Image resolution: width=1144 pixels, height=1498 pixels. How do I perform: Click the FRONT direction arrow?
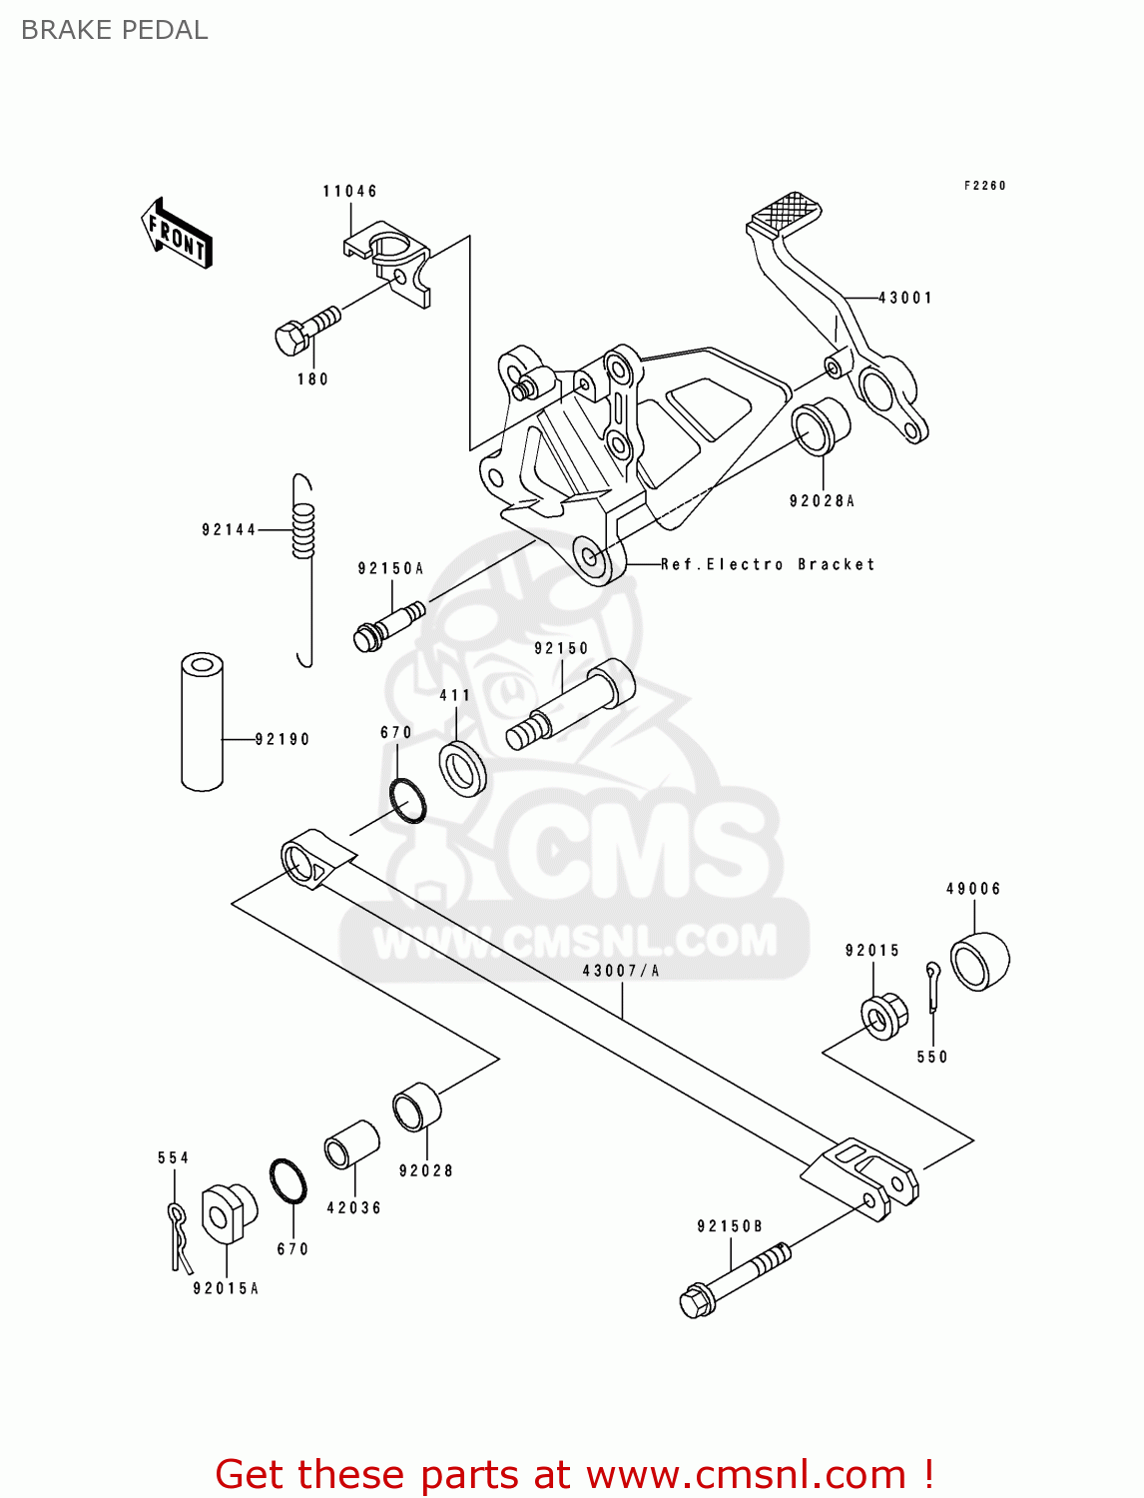(x=177, y=234)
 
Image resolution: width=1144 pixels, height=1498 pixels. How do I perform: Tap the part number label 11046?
(x=349, y=191)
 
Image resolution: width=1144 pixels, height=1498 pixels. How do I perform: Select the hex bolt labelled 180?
(x=304, y=330)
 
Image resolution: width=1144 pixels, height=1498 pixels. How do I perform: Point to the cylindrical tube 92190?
(x=202, y=721)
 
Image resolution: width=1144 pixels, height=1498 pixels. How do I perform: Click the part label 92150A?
(x=390, y=568)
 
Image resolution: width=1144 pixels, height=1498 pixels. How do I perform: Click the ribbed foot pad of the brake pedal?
(x=785, y=212)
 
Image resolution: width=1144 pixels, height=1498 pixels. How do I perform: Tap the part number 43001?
(x=905, y=298)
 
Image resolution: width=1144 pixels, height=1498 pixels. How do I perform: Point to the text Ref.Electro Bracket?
(x=768, y=564)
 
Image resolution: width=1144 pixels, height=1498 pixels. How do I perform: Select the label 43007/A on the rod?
(x=620, y=970)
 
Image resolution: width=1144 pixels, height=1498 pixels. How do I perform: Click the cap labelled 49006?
(x=979, y=960)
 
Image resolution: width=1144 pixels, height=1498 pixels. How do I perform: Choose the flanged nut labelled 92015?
(x=883, y=1016)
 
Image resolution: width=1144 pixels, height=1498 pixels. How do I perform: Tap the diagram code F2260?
(x=984, y=185)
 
